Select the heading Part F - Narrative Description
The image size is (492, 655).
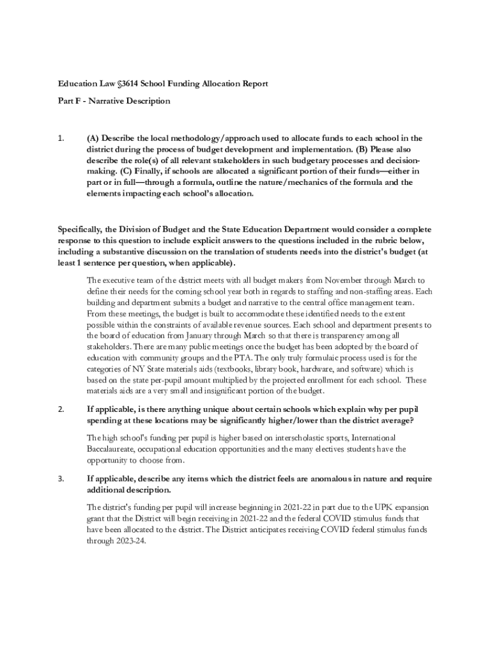114,101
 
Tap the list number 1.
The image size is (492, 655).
61,138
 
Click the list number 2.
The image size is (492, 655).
61,409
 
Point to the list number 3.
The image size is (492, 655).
61,478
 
